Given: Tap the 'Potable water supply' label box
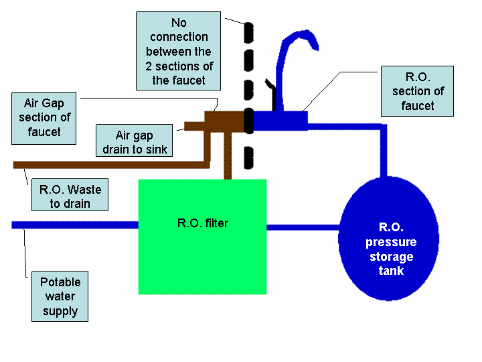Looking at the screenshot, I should point(60,297).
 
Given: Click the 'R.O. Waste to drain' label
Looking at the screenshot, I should point(70,196).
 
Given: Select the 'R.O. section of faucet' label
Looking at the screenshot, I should point(418,91).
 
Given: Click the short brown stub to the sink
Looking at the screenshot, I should point(194,125).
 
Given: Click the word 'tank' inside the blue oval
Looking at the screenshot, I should point(390,271).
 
